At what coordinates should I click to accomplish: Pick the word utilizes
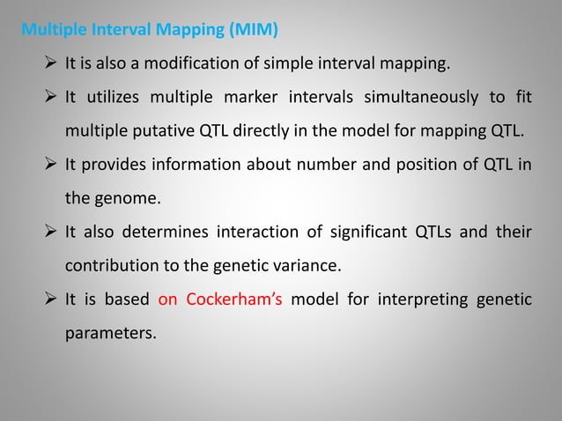[x=122, y=97]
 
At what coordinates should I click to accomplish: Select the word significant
[x=359, y=233]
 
